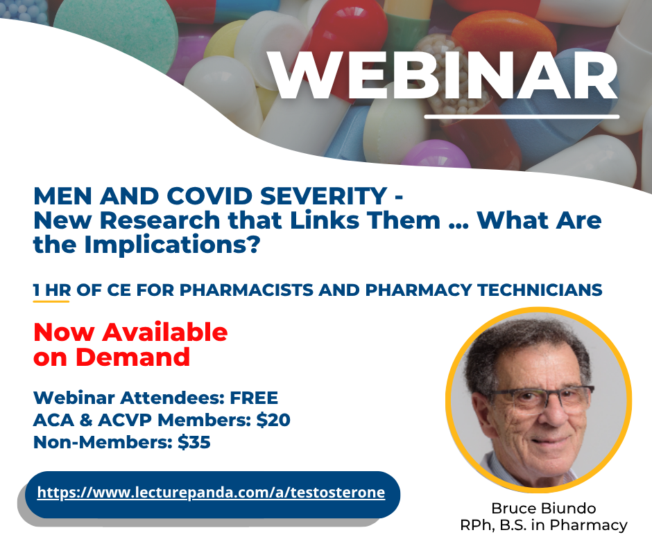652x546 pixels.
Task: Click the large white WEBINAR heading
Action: tap(443, 76)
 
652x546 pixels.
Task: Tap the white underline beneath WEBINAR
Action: tap(522, 117)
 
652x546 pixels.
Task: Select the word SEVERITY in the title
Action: tap(324, 196)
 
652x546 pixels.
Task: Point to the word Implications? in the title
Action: tap(172, 245)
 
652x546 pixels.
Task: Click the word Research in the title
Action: tap(160, 220)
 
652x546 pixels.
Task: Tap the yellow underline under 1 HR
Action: tap(51, 301)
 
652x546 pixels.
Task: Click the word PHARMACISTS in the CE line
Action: tap(246, 290)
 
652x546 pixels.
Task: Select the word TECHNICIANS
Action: tap(540, 290)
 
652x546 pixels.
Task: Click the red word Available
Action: tap(165, 333)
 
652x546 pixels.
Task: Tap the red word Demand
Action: tap(132, 358)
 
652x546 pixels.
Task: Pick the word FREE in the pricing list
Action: tap(254, 398)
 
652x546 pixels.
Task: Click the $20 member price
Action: tap(273, 420)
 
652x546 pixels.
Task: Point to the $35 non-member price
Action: tap(194, 441)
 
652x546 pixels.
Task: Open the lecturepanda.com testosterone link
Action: tap(212, 493)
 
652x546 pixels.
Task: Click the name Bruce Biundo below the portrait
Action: tap(544, 508)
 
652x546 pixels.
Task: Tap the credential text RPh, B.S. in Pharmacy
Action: tap(544, 525)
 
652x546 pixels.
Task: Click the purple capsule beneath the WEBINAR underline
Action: tap(434, 155)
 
